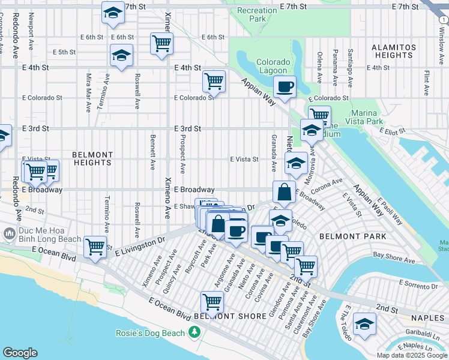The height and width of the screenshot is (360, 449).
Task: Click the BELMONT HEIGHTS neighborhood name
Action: point(92,158)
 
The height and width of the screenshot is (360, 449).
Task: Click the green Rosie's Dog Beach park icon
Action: point(194,332)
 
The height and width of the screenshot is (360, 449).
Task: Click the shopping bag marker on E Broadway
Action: point(284,193)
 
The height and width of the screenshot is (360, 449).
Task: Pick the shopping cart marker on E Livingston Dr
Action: point(95,246)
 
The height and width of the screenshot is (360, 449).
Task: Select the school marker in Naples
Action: point(364,324)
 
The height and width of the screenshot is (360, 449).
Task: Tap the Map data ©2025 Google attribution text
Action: point(412,355)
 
